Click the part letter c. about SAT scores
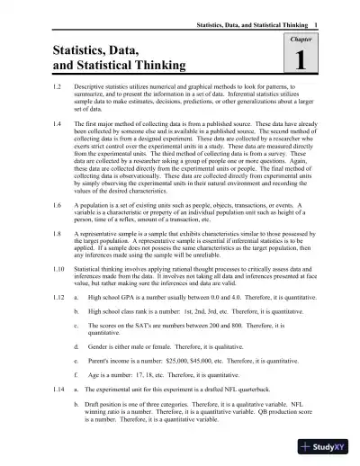tap(76, 351)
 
